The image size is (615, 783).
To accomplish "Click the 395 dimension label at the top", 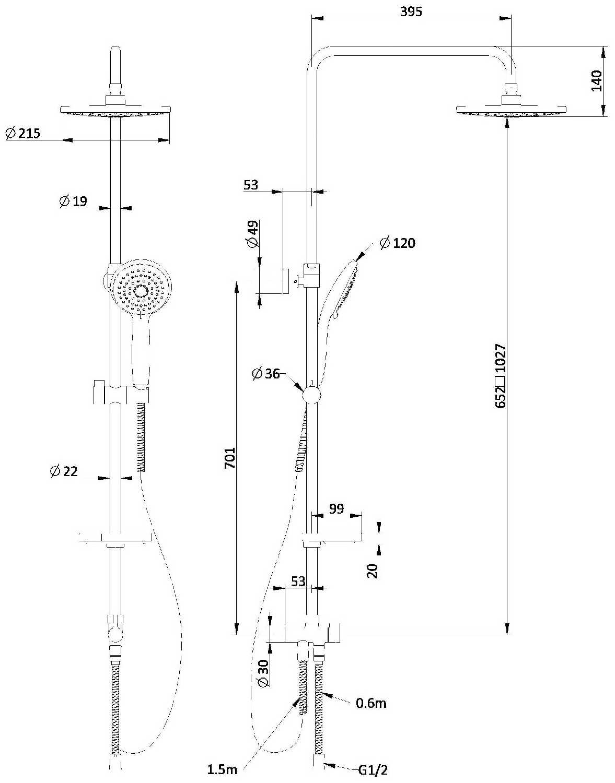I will tap(411, 11).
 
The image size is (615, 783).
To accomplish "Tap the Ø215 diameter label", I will tap(23, 134).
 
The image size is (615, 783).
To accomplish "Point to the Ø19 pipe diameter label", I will tap(73, 201).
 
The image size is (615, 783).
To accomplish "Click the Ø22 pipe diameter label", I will tap(64, 471).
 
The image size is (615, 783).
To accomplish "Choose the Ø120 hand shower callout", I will tap(398, 243).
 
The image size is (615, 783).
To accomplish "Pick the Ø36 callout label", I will tap(266, 374).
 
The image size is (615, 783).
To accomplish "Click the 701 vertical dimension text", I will tap(230, 457).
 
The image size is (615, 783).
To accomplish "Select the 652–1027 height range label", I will tap(501, 376).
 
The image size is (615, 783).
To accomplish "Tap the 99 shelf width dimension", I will tap(337, 508).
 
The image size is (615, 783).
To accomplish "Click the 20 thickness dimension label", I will tap(372, 570).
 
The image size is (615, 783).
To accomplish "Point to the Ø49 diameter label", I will tap(252, 234).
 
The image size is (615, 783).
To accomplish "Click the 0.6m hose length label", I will tap(371, 703).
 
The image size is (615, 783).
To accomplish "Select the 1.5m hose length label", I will tap(222, 769).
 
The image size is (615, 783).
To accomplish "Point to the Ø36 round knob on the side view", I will tap(311, 395).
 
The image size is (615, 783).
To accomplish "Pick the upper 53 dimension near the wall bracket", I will tap(251, 185).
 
